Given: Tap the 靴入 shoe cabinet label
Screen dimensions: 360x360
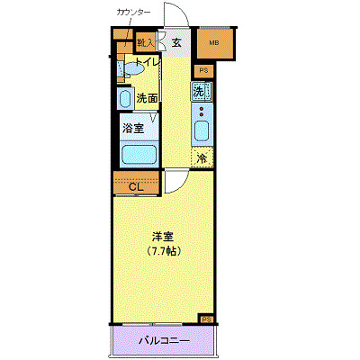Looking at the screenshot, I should [x=146, y=42].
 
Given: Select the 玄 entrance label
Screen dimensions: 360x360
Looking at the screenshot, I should [x=177, y=41].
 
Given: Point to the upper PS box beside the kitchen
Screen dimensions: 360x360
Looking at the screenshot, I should [x=203, y=70].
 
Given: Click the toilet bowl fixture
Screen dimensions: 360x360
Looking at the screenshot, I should [x=132, y=67].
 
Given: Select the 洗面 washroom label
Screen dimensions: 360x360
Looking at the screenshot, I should [x=147, y=98].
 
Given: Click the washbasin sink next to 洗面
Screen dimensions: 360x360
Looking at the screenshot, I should [x=125, y=98].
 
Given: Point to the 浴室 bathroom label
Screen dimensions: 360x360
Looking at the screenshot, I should [x=133, y=127].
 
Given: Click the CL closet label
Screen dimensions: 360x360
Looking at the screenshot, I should [x=138, y=187].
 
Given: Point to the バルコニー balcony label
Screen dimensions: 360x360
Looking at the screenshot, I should [x=164, y=341].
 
